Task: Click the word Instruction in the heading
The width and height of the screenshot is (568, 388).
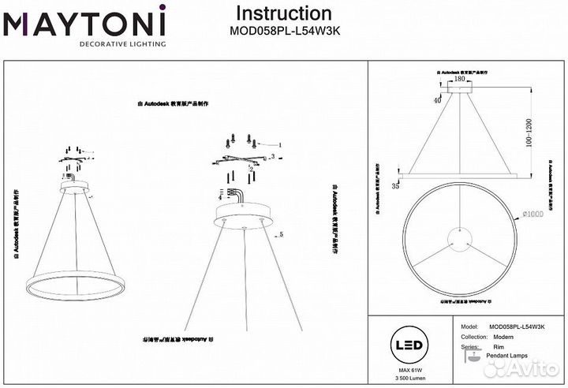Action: pos(284,13)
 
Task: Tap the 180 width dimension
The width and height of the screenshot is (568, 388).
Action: pos(461,79)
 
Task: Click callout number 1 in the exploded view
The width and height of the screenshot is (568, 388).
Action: pos(278,145)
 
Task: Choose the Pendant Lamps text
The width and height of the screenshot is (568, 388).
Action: pos(510,357)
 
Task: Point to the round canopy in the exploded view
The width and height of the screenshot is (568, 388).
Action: pos(241,212)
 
